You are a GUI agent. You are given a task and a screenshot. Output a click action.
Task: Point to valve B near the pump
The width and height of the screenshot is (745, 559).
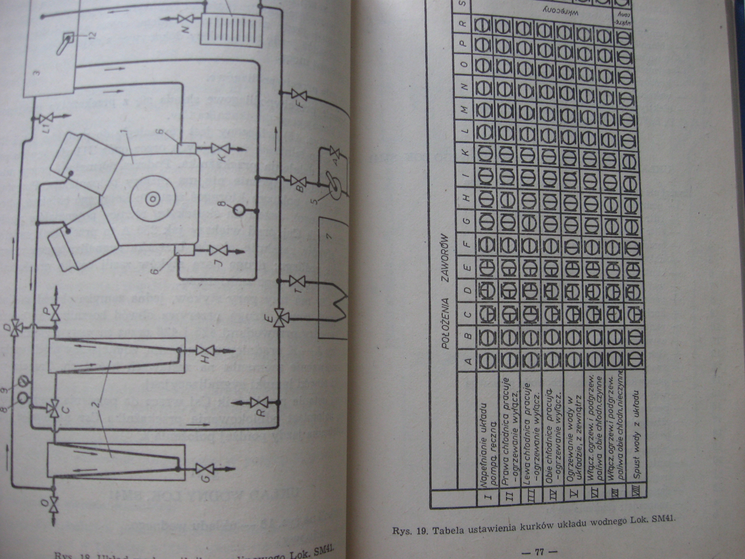298,181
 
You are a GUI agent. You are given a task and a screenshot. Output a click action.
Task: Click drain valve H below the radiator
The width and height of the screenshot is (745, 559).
204,351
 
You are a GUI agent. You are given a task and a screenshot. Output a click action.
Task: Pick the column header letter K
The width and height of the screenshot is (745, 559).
466,152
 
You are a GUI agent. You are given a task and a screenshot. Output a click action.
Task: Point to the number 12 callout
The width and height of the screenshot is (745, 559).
92,34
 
